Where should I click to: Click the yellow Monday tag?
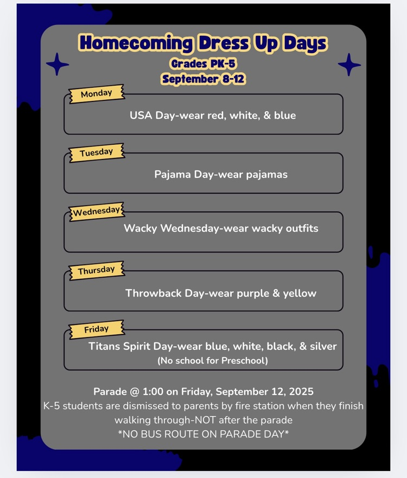point(96,94)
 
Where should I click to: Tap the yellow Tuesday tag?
point(96,153)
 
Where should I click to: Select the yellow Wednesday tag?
point(97,211)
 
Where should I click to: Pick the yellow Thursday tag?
point(96,270)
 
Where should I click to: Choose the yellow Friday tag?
point(96,329)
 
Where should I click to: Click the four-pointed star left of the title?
point(58,65)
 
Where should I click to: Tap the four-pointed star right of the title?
point(349,65)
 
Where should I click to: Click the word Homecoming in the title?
point(135,43)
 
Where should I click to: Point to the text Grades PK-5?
point(203,64)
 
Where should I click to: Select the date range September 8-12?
point(203,79)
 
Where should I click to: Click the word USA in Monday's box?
point(141,116)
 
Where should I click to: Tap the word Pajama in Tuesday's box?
point(173,175)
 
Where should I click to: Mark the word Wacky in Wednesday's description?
point(139,228)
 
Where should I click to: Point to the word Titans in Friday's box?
point(104,347)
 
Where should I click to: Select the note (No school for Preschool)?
point(212,360)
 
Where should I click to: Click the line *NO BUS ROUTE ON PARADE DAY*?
point(203,434)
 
